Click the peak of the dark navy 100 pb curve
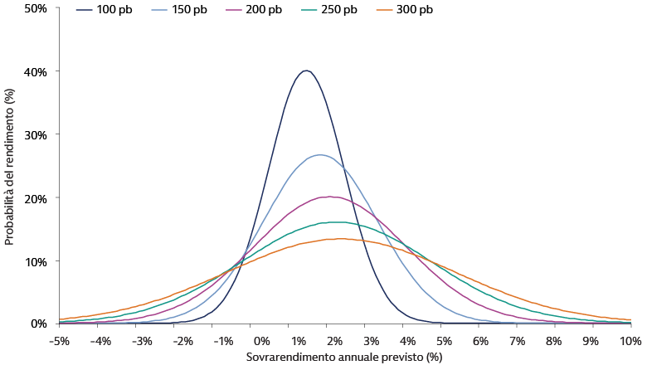click(x=306, y=71)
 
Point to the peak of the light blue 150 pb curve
click(x=320, y=155)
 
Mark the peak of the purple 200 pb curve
click(x=329, y=197)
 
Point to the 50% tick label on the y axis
click(x=36, y=8)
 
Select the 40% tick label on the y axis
click(x=36, y=71)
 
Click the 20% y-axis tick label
click(x=36, y=197)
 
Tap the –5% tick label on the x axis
click(x=59, y=341)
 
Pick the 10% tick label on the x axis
click(x=630, y=341)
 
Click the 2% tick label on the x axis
click(x=334, y=341)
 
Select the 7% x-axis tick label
click(x=517, y=341)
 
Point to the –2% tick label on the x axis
click(x=184, y=341)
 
